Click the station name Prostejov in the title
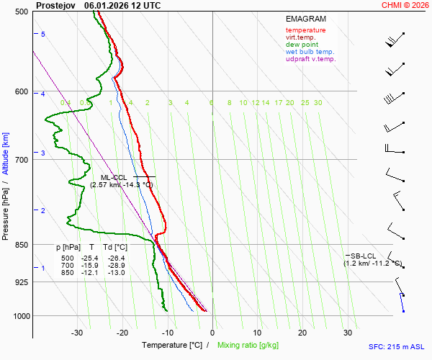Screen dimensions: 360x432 pyautogui.click(x=56, y=5)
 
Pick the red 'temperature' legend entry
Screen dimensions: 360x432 pyautogui.click(x=305, y=30)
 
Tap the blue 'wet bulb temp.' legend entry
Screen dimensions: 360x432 pyautogui.click(x=310, y=52)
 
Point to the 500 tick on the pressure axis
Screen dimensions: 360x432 pyautogui.click(x=22, y=12)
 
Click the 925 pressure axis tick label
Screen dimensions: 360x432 pyautogui.click(x=22, y=282)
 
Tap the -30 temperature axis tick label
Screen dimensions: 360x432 pyautogui.click(x=78, y=333)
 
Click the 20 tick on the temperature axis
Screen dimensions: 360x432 pyautogui.click(x=302, y=333)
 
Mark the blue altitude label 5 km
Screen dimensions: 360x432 pyautogui.click(x=43, y=35)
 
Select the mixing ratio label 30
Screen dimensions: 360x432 pyautogui.click(x=318, y=103)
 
